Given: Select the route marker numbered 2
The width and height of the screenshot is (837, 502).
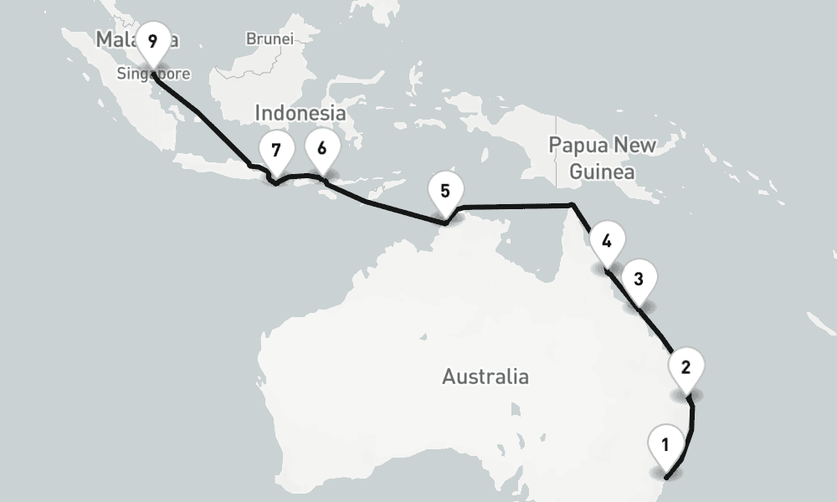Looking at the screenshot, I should coord(686,366).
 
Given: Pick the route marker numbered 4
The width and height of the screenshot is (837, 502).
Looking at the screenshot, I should coord(607,243).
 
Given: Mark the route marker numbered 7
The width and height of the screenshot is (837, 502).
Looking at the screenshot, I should coord(276,151).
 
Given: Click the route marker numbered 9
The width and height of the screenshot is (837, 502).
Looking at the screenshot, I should coord(151,41).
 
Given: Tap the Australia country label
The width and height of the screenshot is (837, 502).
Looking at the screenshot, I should coord(485,376).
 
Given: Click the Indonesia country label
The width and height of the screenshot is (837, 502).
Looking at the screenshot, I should coord(300,113).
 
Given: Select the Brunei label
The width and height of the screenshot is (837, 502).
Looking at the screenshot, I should coord(270,38).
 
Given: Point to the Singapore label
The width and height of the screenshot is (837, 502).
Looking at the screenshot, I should coord(153,74).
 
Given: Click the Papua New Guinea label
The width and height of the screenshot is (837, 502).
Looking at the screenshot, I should coord(603,158).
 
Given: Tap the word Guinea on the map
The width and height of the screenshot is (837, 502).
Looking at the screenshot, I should coord(602,172).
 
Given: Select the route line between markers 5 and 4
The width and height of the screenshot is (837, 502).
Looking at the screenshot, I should coord(519,205).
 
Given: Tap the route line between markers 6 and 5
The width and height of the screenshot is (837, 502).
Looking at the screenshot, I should coord(385,207).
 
